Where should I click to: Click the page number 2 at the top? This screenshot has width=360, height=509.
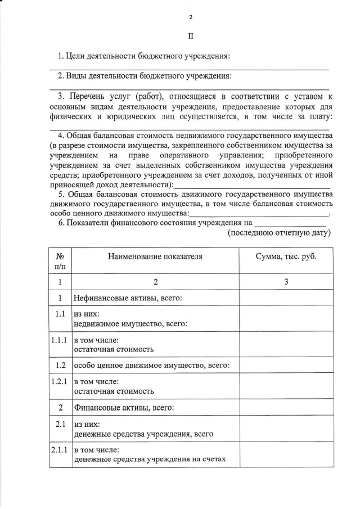tap(190, 17)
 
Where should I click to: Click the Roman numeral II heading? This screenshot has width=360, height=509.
tap(190, 36)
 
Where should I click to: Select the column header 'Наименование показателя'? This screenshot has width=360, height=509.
tap(154, 256)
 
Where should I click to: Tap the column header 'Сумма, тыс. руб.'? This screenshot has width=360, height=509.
tap(286, 256)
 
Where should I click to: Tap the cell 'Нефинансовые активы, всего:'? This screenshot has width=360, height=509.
tap(128, 298)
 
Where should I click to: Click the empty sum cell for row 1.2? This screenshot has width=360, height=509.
tap(286, 365)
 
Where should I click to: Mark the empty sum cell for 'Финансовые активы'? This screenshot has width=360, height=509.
tap(286, 407)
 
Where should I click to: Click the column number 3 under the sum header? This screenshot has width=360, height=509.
tap(286, 281)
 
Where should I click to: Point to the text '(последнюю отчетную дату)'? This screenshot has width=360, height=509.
tap(278, 232)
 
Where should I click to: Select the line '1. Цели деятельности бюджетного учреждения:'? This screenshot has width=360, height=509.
tap(144, 56)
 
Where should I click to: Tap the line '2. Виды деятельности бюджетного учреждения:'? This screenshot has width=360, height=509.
tap(145, 76)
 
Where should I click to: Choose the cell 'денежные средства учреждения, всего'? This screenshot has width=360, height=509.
tap(143, 434)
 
